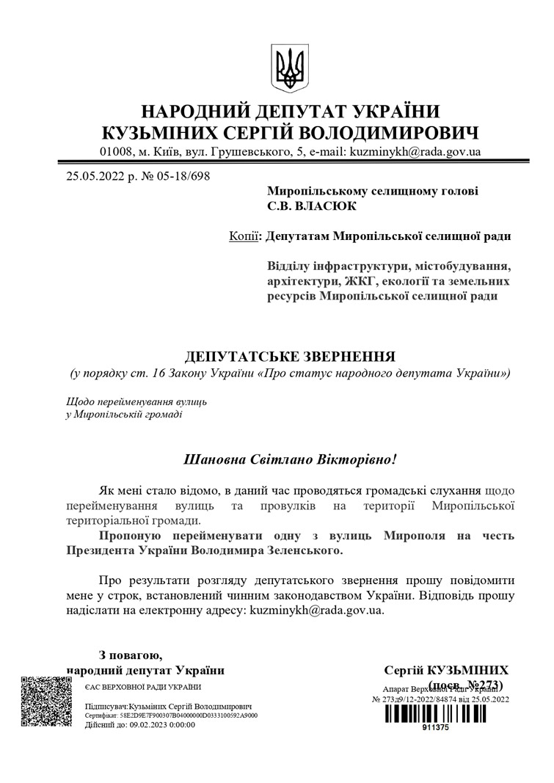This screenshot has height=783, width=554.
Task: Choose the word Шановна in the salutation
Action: tap(218, 460)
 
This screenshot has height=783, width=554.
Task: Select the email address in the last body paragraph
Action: tap(316, 609)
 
